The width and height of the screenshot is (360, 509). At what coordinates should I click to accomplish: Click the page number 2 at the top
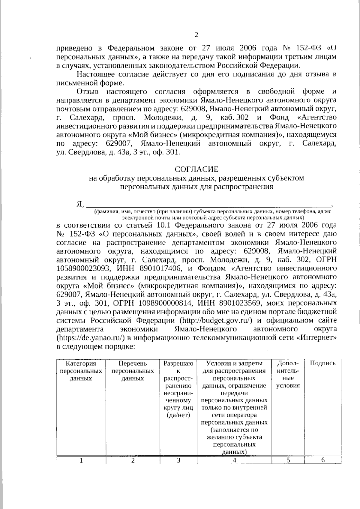(196, 35)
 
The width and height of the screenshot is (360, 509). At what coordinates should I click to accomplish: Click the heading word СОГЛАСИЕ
(196, 169)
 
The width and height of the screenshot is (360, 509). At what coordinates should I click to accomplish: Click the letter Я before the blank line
(79, 205)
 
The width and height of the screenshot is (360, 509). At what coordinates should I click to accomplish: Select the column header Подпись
(322, 363)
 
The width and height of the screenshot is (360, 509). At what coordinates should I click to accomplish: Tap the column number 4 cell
(234, 460)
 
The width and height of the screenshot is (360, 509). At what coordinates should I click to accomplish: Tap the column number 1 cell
(81, 460)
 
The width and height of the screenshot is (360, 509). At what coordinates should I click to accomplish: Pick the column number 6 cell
(323, 460)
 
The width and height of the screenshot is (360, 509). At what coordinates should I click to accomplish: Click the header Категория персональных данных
(81, 371)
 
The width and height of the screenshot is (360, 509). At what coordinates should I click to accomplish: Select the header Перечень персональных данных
(133, 371)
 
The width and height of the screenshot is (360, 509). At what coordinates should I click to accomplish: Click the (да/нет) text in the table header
(178, 415)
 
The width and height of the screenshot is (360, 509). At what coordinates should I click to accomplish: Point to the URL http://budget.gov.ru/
(215, 320)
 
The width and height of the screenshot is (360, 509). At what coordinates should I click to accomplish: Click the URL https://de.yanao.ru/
(90, 338)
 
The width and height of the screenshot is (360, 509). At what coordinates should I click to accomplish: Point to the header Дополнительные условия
(288, 374)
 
